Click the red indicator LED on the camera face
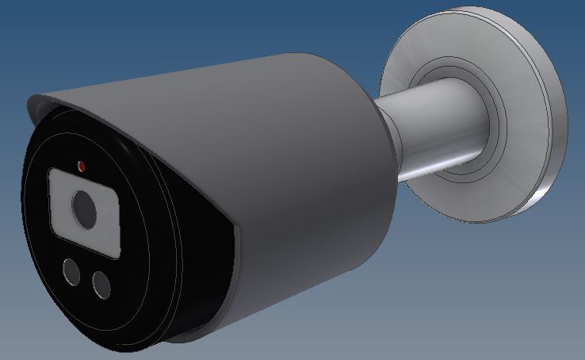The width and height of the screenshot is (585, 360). (81, 166)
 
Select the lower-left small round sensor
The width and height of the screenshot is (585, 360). (70, 271)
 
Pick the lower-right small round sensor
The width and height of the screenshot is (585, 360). (101, 284)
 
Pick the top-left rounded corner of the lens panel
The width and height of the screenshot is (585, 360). (54, 174)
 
